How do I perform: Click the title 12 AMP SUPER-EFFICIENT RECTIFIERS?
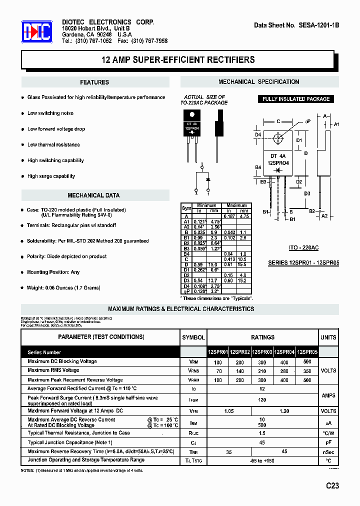178,60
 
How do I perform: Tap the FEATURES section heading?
94,82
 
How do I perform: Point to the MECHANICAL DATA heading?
93,195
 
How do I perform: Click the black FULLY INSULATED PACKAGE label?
296,99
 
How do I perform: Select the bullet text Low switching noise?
50,113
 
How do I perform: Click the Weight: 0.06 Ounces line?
63,288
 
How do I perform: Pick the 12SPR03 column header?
262,352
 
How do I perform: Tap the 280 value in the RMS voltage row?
285,371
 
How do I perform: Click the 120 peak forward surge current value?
262,400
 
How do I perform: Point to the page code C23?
332,485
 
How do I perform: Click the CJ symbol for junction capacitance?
193,443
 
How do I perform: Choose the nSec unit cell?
328,452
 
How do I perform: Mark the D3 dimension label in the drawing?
307,193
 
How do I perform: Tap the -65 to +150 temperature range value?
262,460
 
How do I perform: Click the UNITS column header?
328,337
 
